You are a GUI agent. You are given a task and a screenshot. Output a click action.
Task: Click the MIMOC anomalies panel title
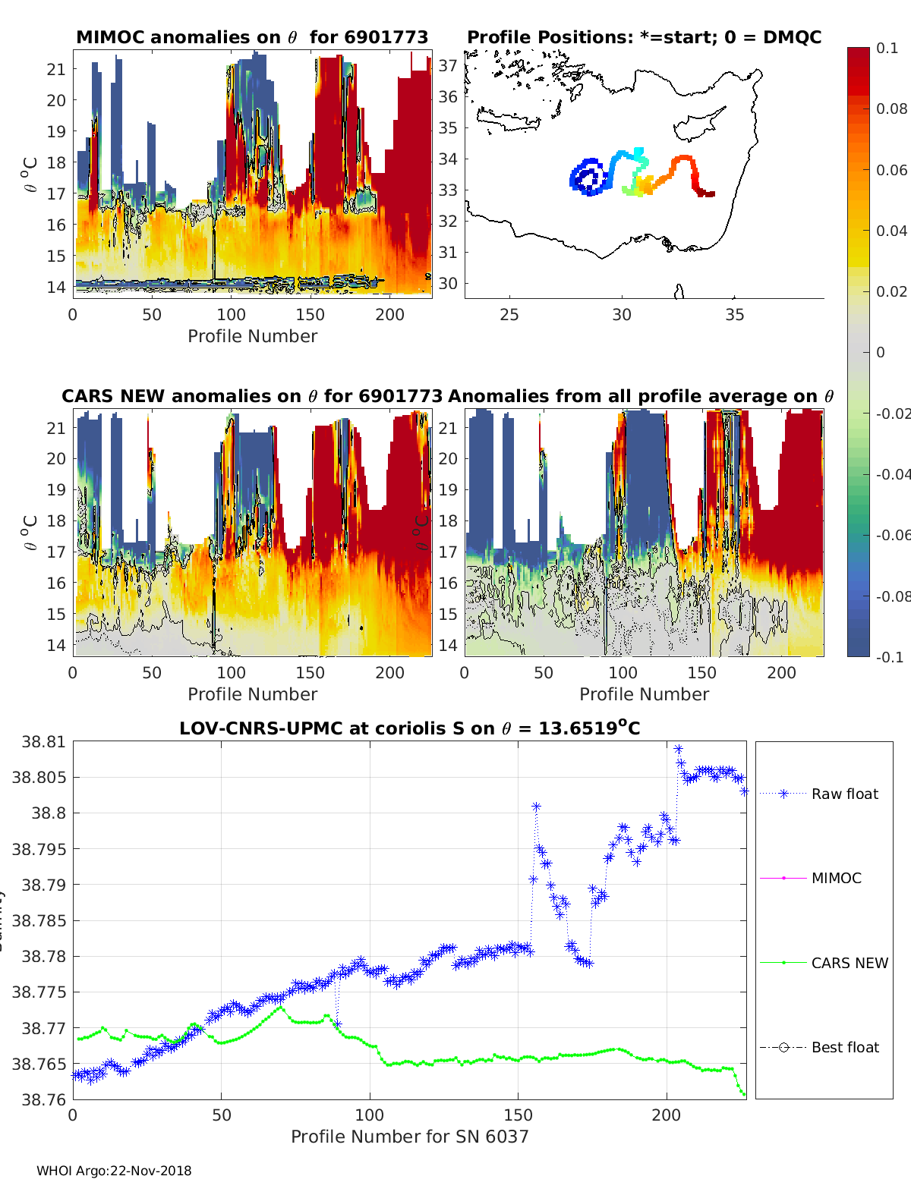tap(252, 37)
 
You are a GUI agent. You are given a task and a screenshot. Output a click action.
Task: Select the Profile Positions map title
tap(644, 37)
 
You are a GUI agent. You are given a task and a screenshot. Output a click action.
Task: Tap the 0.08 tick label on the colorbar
tap(891, 109)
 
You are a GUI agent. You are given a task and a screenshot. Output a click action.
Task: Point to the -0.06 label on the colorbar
tap(893, 535)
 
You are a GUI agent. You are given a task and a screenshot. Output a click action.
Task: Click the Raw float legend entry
tap(844, 794)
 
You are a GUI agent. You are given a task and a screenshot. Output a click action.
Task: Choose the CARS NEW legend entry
tap(849, 963)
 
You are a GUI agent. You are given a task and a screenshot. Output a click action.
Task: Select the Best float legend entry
tap(844, 1047)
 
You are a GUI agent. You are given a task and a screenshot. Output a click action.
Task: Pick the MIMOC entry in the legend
tap(836, 878)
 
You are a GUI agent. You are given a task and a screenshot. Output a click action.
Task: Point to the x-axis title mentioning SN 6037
tap(409, 1137)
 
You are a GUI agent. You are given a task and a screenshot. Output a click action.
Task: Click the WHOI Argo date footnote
tap(114, 1171)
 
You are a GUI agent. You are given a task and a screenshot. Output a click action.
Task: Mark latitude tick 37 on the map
tap(448, 65)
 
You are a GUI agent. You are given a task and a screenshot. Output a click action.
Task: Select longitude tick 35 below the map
tap(734, 314)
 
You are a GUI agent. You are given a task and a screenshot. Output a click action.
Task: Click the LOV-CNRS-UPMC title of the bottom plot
tap(409, 728)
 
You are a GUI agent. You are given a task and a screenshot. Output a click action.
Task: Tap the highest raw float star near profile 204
tap(678, 749)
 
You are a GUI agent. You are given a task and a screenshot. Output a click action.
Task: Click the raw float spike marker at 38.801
tap(536, 807)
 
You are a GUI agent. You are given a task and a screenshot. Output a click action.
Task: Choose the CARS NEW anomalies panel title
tap(251, 396)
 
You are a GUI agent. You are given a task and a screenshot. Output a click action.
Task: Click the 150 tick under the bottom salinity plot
tap(519, 1115)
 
